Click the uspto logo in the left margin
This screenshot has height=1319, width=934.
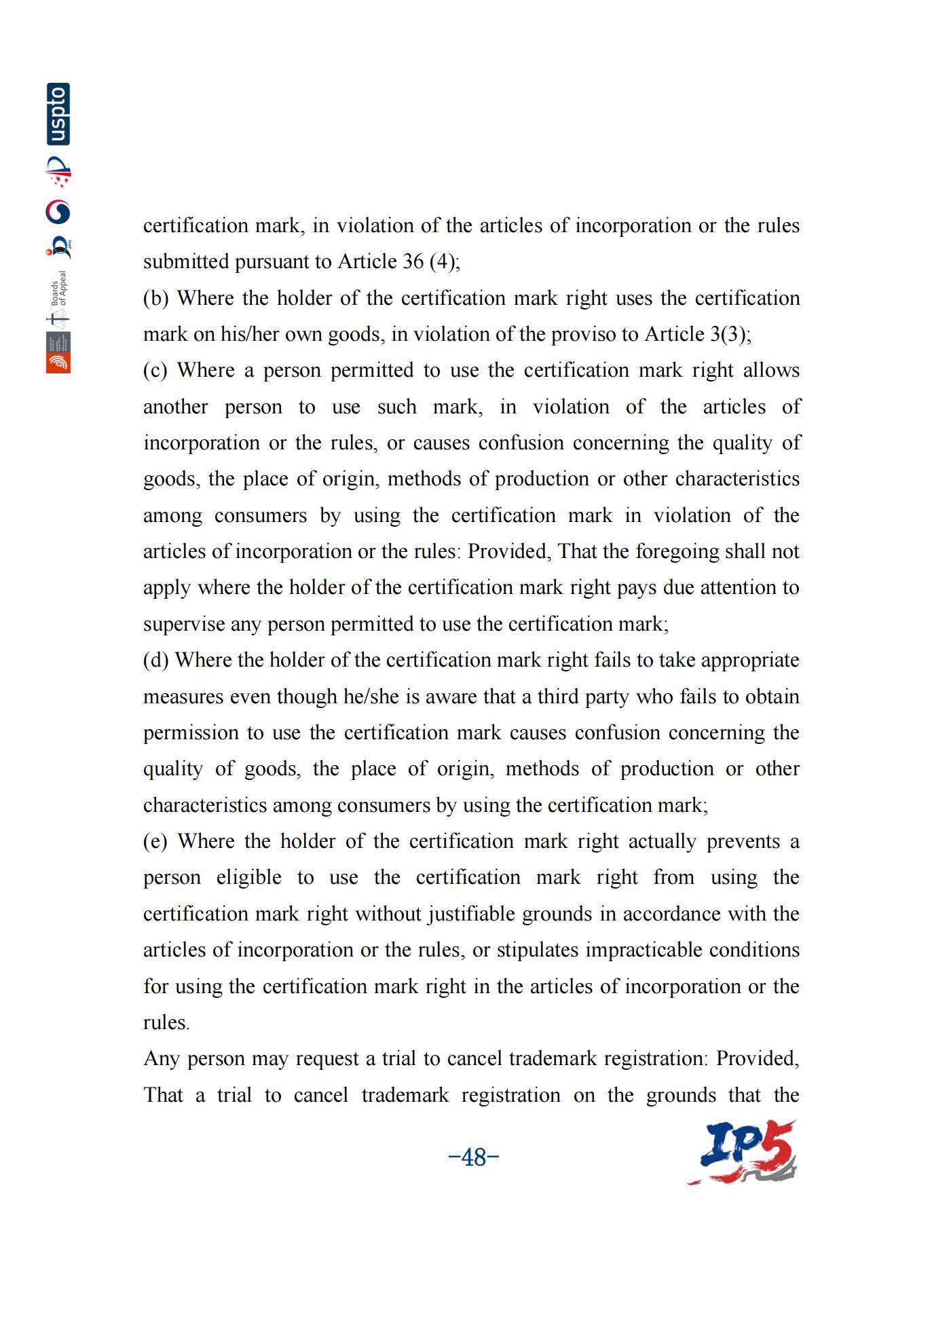tap(58, 114)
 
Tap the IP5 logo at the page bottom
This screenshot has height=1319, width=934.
tap(742, 1153)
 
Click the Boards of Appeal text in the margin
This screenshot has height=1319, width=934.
tap(60, 288)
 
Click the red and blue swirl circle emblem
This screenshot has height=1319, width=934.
tap(58, 212)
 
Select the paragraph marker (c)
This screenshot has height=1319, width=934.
tap(155, 370)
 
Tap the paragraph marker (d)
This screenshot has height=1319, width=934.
tap(155, 660)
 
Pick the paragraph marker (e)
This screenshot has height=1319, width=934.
tap(155, 841)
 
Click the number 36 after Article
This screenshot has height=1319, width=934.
tap(413, 261)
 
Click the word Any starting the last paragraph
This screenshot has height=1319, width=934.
tap(161, 1058)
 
